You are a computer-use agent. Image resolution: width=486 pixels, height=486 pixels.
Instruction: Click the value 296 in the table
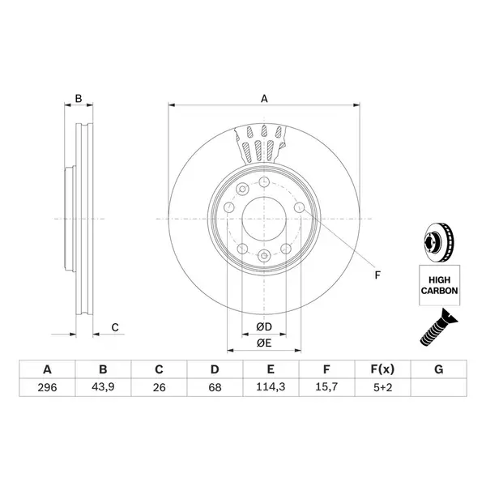tap(47, 387)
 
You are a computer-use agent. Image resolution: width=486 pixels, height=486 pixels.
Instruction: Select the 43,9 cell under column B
tap(103, 387)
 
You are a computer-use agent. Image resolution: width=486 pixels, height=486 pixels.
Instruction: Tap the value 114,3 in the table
tap(271, 387)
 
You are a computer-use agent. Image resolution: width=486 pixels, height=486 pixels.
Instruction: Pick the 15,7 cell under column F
tap(326, 387)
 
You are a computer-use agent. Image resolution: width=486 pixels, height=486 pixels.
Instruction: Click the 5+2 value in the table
tap(382, 387)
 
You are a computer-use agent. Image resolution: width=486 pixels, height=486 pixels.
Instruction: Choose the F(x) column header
tap(382, 369)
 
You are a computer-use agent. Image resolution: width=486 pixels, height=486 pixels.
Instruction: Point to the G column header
tap(438, 369)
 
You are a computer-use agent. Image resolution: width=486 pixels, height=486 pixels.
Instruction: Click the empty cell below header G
tap(438, 387)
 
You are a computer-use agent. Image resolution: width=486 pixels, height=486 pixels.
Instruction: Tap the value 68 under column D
tap(215, 387)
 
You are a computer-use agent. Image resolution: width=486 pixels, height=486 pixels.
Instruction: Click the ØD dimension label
tap(264, 326)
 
